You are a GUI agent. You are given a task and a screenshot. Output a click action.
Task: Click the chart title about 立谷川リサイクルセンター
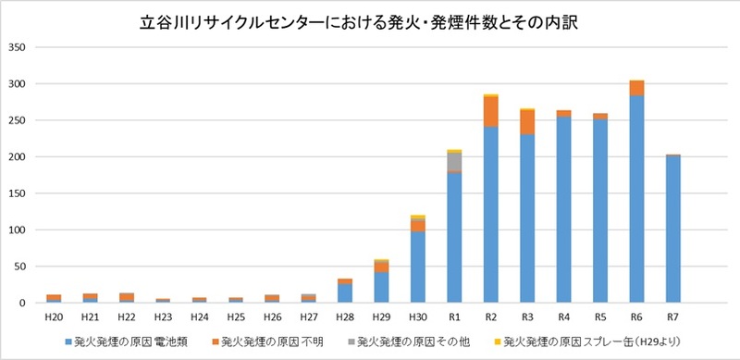click(x=370, y=20)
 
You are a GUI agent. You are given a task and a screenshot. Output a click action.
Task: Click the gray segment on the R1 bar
click(x=454, y=162)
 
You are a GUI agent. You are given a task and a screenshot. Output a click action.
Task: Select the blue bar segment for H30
click(x=418, y=267)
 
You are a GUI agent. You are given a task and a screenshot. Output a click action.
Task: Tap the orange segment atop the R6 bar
click(x=636, y=88)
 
